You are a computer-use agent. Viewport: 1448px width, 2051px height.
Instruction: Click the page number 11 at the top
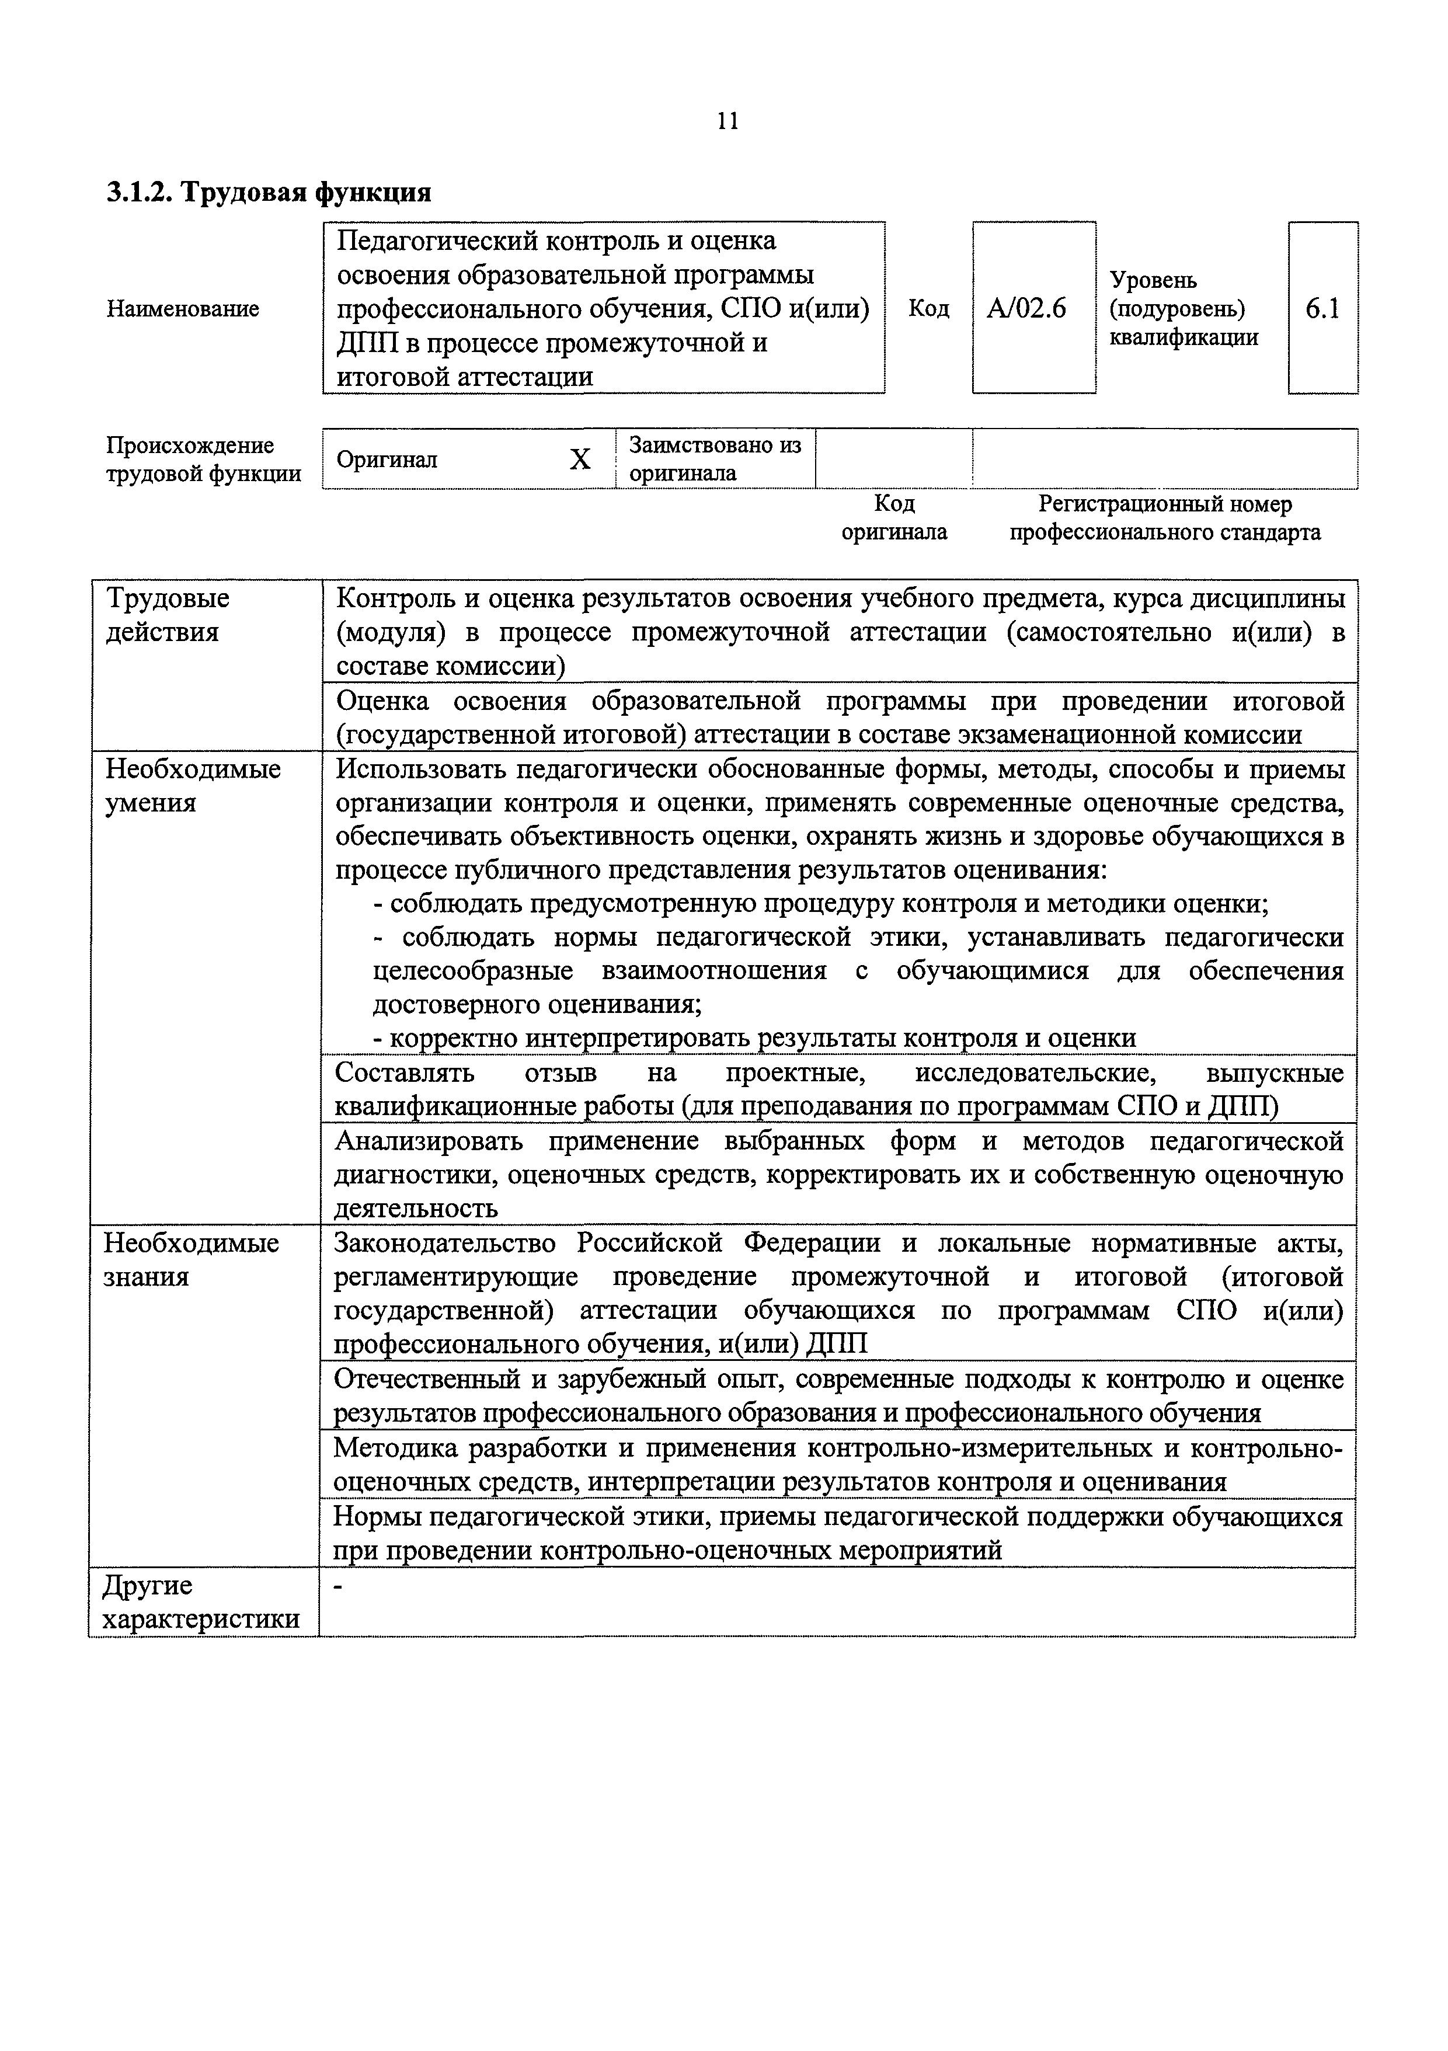pyautogui.click(x=727, y=121)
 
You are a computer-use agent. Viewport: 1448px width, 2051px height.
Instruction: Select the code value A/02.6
pyautogui.click(x=1026, y=308)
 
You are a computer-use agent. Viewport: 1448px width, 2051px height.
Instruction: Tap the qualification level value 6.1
pyautogui.click(x=1322, y=308)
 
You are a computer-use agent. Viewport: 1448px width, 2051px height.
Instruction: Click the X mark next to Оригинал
pyautogui.click(x=580, y=459)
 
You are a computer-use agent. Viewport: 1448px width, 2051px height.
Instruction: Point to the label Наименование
pyautogui.click(x=183, y=308)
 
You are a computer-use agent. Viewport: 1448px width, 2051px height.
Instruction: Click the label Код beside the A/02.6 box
pyautogui.click(x=929, y=308)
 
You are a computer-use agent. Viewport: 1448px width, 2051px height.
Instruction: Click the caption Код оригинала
pyautogui.click(x=894, y=518)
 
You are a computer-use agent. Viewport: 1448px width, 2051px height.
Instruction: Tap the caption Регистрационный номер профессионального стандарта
pyautogui.click(x=1165, y=518)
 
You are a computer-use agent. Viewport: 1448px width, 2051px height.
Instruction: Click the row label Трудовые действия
pyautogui.click(x=167, y=615)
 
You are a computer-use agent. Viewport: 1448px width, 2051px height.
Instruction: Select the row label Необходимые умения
pyautogui.click(x=192, y=785)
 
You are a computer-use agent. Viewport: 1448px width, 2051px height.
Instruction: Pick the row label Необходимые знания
pyautogui.click(x=190, y=1259)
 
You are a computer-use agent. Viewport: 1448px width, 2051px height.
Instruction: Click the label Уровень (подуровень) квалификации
pyautogui.click(x=1183, y=308)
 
